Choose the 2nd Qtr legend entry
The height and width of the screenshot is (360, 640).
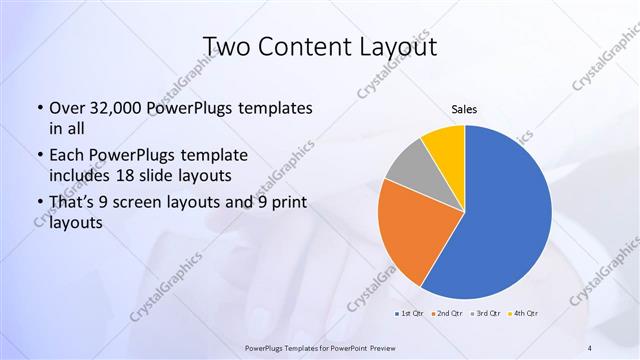click(x=446, y=314)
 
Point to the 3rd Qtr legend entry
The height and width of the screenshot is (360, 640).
click(x=485, y=314)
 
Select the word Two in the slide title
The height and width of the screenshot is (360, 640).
click(x=225, y=46)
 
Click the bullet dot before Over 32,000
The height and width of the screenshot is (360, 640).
click(x=38, y=108)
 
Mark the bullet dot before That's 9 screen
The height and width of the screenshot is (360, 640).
click(x=38, y=203)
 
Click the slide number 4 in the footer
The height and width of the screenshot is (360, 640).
click(x=590, y=347)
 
